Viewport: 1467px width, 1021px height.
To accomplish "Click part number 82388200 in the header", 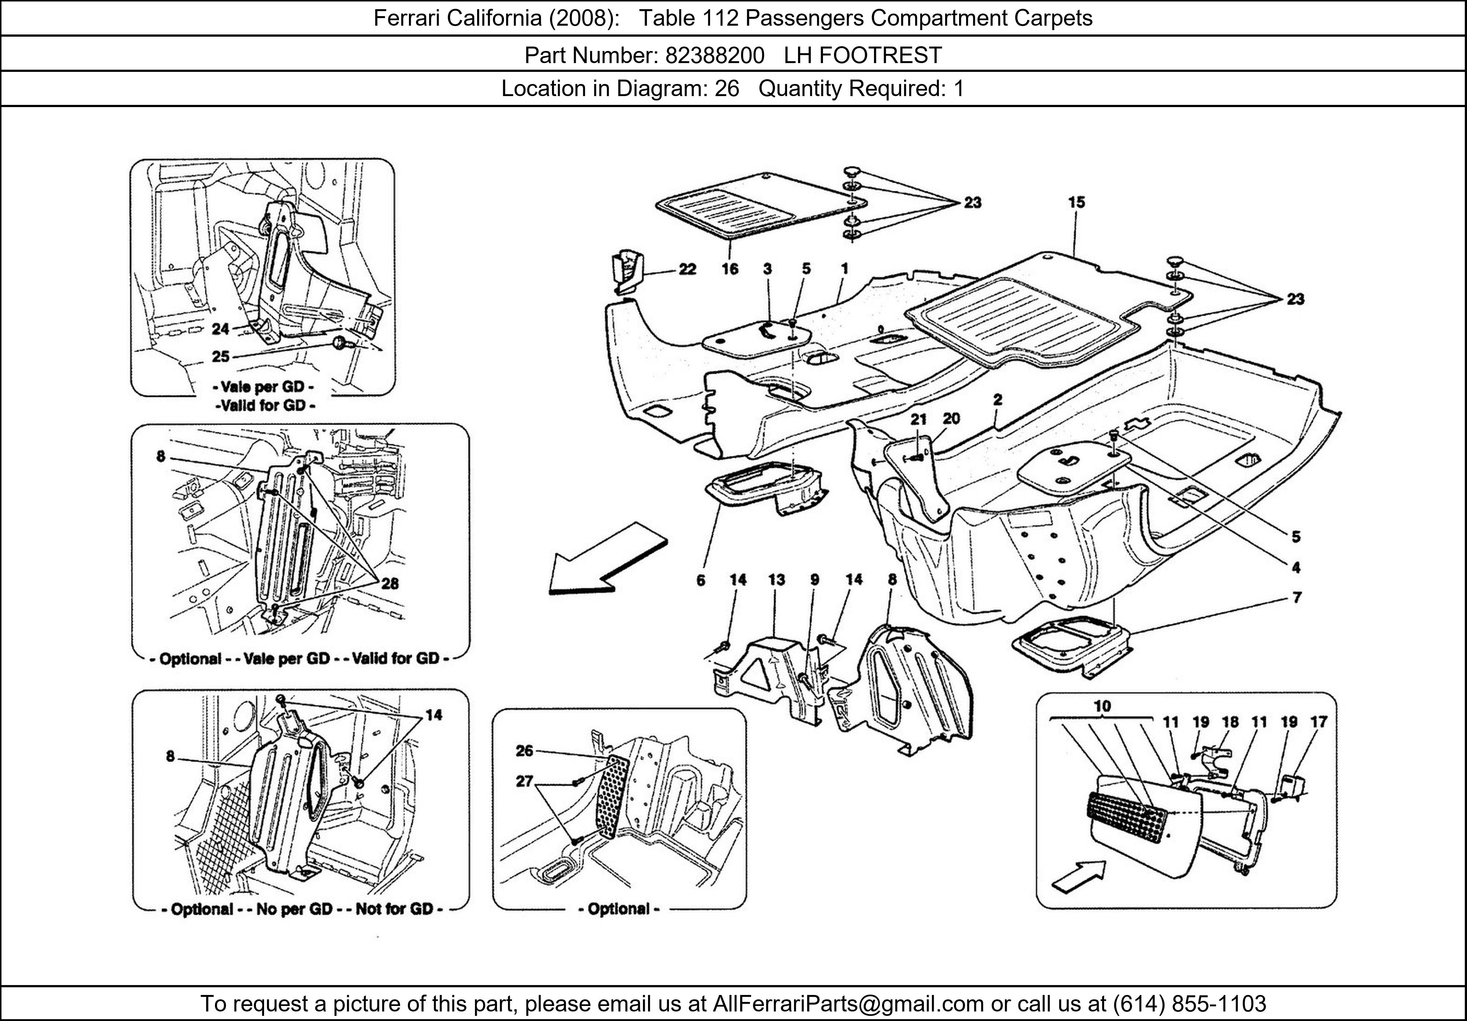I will [714, 56].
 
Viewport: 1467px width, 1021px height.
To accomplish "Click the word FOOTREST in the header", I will [881, 56].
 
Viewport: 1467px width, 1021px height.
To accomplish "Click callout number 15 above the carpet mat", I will [1076, 202].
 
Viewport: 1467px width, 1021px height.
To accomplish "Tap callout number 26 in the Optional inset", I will [524, 751].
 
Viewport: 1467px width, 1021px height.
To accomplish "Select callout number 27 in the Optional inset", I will [524, 781].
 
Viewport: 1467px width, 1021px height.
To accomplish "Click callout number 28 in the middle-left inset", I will [390, 583].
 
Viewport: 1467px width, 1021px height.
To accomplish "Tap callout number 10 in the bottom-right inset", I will [1102, 706].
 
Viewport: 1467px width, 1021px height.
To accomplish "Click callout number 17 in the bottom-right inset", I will [1319, 722].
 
